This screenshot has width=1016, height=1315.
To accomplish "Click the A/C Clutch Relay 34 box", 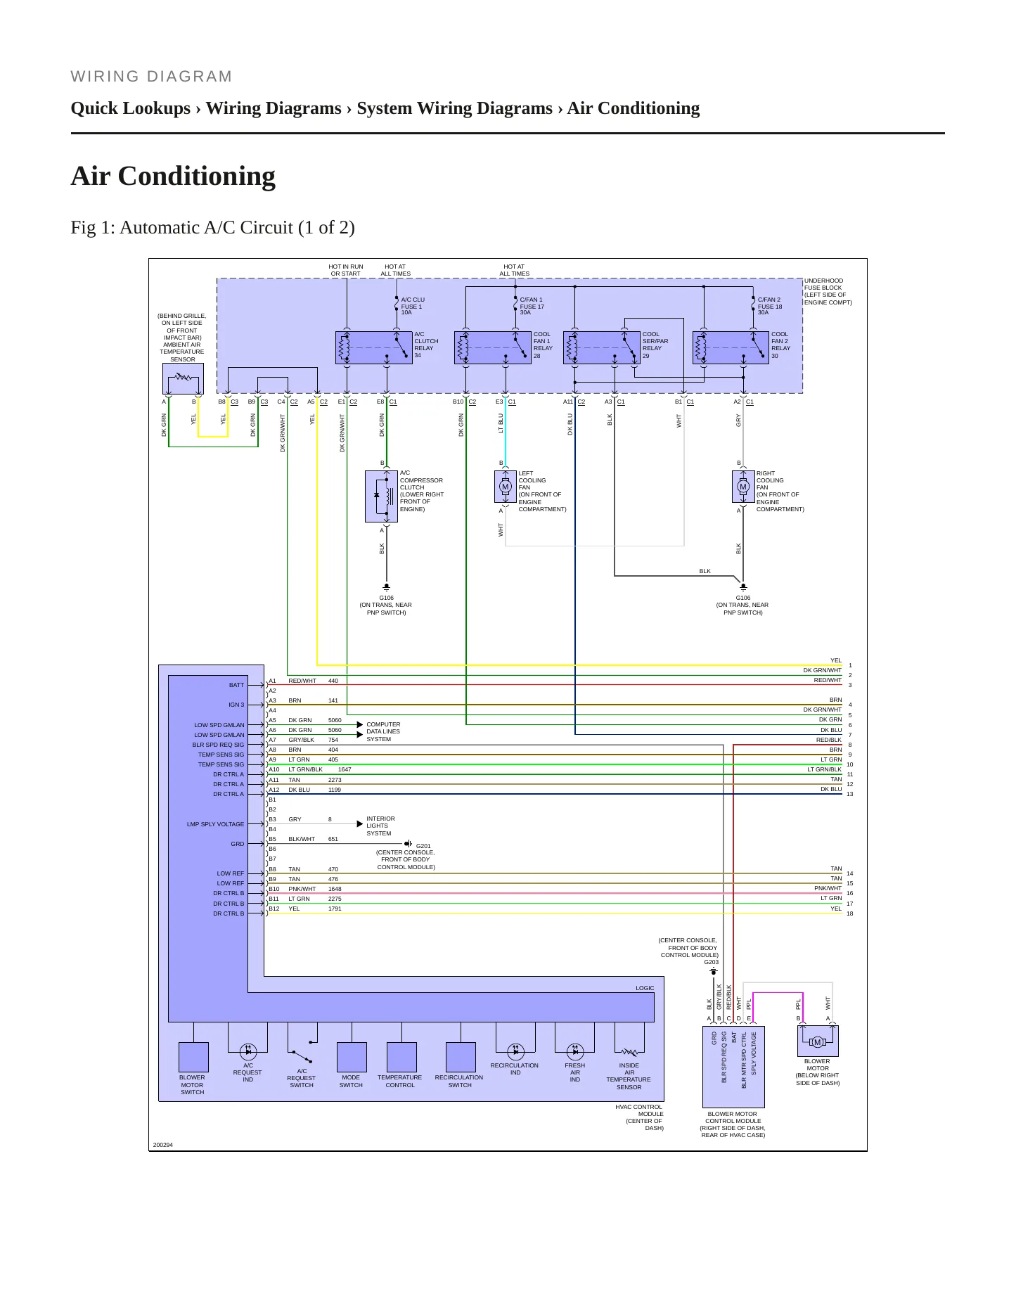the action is point(373,347).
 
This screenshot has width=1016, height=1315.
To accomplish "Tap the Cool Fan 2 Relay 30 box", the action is point(731,347).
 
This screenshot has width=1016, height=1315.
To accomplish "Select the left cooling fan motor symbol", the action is point(505,487).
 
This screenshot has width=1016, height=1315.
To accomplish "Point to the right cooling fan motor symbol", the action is point(743,487).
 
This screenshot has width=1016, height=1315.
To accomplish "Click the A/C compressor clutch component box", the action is point(382,496).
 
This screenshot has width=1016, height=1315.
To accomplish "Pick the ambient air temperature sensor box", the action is point(183,379).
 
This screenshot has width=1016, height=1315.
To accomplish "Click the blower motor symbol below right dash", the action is point(817,1041).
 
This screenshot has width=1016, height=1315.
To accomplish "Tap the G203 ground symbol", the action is point(714,972).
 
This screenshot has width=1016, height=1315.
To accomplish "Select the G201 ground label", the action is point(423,846).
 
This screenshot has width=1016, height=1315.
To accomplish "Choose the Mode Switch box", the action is point(352,1057).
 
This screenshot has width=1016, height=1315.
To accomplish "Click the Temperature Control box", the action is point(401,1057).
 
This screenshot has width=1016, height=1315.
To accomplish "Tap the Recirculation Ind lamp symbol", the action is point(515,1051).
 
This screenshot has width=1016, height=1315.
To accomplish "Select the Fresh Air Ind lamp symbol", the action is point(575,1051).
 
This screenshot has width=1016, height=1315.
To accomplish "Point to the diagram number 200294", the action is point(162,1145).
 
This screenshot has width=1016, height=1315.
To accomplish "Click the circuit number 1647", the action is point(345,769).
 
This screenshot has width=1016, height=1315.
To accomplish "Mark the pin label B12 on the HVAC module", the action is point(274,909).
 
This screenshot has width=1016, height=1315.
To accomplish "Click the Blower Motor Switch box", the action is point(193,1057).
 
